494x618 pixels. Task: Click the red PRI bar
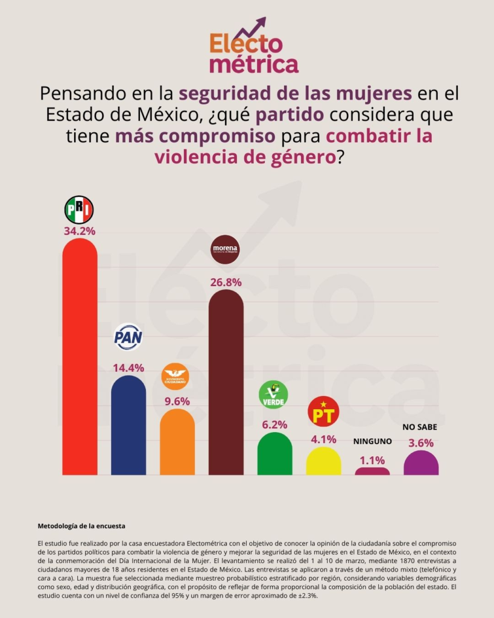[x=80, y=356]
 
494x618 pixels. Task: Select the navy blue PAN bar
[x=128, y=425]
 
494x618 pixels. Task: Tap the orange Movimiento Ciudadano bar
[x=177, y=442]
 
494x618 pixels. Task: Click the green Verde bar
[x=274, y=454]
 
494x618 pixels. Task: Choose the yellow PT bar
[x=323, y=461]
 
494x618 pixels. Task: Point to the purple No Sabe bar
[x=420, y=463]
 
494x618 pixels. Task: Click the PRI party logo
[x=79, y=209]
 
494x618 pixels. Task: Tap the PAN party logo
[x=128, y=337]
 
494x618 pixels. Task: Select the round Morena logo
[x=226, y=249]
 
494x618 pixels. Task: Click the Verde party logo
[x=273, y=395]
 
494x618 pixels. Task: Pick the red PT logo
[x=323, y=412]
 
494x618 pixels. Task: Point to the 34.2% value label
[x=80, y=231]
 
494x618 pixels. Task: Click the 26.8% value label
[x=226, y=282]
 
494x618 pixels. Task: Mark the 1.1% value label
[x=372, y=460]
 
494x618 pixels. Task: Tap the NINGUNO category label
[x=372, y=441]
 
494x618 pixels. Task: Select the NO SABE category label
[x=420, y=427]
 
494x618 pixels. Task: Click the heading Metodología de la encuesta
[x=81, y=526]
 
